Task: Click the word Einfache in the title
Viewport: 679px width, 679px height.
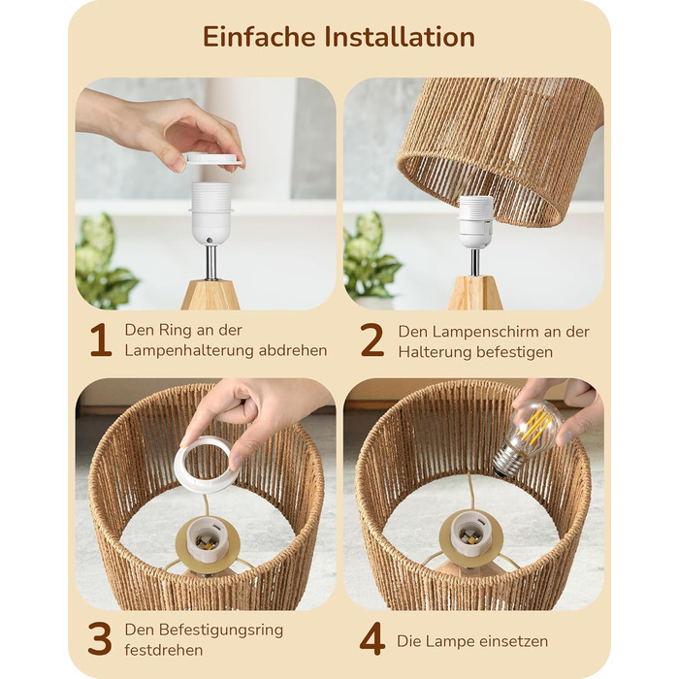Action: [x=259, y=37]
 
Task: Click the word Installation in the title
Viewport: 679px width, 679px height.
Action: [x=400, y=37]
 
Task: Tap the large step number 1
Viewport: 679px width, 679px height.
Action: [x=101, y=340]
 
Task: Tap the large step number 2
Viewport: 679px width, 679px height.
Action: [x=372, y=340]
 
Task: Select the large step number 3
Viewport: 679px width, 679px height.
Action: [x=100, y=638]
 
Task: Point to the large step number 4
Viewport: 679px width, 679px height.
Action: [x=372, y=638]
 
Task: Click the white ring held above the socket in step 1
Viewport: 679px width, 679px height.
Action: [x=214, y=158]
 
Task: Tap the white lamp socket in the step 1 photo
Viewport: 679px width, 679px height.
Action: [x=211, y=213]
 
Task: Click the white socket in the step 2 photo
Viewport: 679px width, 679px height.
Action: [x=476, y=222]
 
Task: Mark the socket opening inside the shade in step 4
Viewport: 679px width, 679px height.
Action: [x=471, y=532]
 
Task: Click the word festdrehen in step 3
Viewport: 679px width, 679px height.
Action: [x=164, y=650]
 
